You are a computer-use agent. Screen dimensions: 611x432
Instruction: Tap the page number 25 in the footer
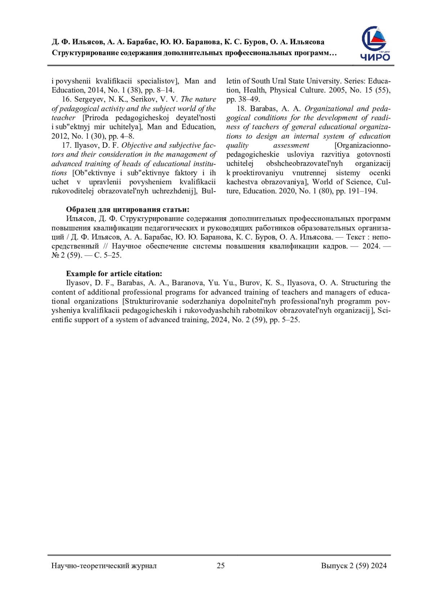coord(221,565)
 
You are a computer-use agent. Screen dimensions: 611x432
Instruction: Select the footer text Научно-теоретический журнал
coord(104,565)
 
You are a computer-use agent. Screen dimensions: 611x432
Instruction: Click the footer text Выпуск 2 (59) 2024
coord(354,565)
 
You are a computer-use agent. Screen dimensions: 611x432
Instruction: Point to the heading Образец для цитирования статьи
coord(127,210)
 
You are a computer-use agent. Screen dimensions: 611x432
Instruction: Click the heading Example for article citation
coord(114,274)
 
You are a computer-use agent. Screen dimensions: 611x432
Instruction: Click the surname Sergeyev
coord(89,99)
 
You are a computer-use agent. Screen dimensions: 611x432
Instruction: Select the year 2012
coord(60,136)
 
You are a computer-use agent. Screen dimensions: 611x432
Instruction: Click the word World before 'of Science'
coord(322,182)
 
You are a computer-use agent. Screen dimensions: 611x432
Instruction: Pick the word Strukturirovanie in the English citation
coord(149,301)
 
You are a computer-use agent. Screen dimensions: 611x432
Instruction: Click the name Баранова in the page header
coord(202,42)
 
